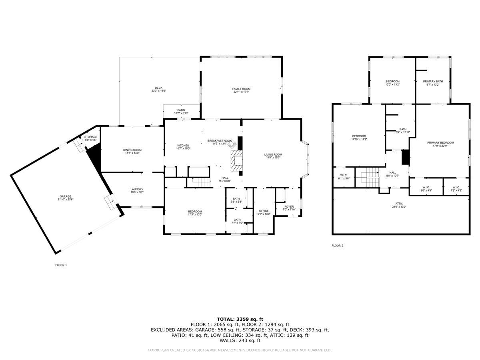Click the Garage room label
[x=66, y=196]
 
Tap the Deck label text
[x=159, y=88]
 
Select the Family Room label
[x=241, y=88]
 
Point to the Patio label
[x=181, y=110]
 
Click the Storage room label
[x=90, y=137]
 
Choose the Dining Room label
[x=132, y=150]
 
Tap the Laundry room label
[x=137, y=189]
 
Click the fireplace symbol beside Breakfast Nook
[x=237, y=162]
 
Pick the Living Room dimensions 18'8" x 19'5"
[x=273, y=158]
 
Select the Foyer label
[x=289, y=207]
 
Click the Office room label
[x=264, y=211]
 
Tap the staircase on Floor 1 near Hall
[x=199, y=182]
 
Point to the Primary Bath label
[x=433, y=82]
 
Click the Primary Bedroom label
[x=440, y=142]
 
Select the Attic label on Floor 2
[x=400, y=204]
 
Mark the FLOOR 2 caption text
[x=337, y=246]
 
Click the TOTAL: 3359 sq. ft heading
[x=240, y=319]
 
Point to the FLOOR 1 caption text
[x=61, y=265]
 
